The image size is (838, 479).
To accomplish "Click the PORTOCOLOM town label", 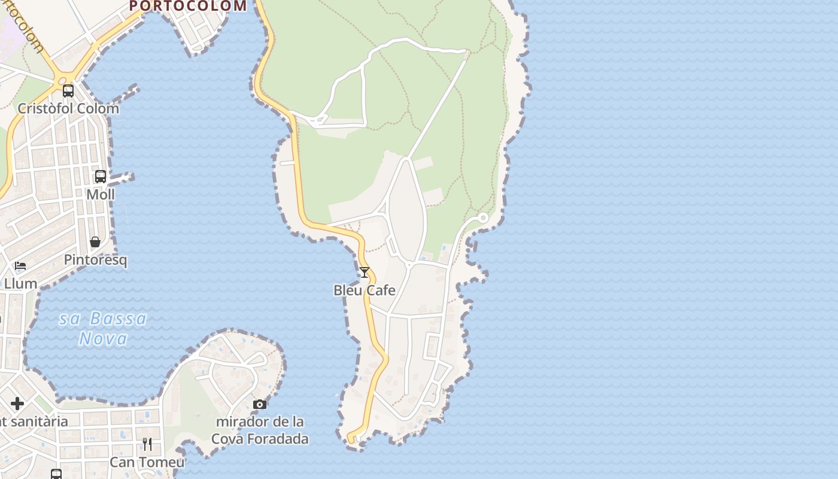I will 187,6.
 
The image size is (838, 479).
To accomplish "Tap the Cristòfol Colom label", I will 68,109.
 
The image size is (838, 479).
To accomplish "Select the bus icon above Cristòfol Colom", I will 68,91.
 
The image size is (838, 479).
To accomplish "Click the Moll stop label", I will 101,195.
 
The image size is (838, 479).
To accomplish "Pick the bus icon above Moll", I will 101,177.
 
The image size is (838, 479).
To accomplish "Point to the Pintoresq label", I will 96,260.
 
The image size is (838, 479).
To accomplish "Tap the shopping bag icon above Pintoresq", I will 95,242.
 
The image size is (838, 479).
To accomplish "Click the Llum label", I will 21,284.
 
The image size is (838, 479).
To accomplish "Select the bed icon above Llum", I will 20,266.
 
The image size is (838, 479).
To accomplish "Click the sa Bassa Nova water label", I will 103,328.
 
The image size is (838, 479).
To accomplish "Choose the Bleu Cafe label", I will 365,290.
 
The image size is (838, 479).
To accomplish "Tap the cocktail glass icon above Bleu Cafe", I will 364,272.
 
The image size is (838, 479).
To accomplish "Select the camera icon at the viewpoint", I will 260,405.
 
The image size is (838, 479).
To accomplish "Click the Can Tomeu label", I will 147,463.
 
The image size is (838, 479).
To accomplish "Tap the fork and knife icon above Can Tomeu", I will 147,444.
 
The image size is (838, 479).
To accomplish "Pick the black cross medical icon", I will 17,404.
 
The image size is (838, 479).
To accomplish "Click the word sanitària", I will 40,422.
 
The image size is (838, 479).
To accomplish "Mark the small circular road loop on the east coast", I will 483,217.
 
